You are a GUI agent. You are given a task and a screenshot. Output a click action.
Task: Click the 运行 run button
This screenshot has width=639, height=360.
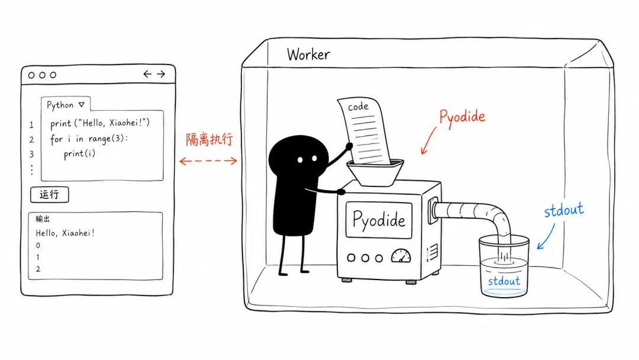[49, 194]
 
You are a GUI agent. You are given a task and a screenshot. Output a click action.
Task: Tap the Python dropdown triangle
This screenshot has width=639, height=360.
[82, 105]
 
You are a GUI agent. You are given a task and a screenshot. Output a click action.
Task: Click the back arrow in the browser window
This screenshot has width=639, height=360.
[147, 74]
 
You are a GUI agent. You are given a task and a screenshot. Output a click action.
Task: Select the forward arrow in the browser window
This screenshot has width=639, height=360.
[161, 74]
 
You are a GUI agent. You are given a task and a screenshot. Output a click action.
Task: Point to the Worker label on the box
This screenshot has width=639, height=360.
[308, 54]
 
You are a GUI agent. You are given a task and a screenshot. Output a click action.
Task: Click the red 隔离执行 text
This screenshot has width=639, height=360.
[209, 139]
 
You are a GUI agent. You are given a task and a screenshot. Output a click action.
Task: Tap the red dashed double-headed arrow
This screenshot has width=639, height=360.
[208, 161]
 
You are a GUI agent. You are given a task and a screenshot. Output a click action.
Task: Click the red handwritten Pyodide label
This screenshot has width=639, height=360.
[462, 117]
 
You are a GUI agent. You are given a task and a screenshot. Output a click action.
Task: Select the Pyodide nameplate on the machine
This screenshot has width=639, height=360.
[379, 220]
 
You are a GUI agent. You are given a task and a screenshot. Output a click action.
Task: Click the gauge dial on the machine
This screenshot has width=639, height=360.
[401, 256]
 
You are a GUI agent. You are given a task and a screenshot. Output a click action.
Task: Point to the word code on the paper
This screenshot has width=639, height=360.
[358, 107]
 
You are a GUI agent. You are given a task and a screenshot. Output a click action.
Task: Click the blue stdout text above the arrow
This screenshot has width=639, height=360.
[564, 210]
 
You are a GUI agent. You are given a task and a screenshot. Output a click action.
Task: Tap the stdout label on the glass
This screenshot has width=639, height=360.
[504, 281]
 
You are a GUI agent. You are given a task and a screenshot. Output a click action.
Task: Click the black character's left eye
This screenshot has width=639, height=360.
[300, 160]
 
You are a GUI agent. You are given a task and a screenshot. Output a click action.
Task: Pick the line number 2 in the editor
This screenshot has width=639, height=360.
[31, 140]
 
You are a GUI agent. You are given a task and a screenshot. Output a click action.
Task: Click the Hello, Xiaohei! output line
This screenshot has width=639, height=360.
[65, 233]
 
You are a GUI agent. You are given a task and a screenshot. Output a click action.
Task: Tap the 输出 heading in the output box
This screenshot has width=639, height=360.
[43, 219]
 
